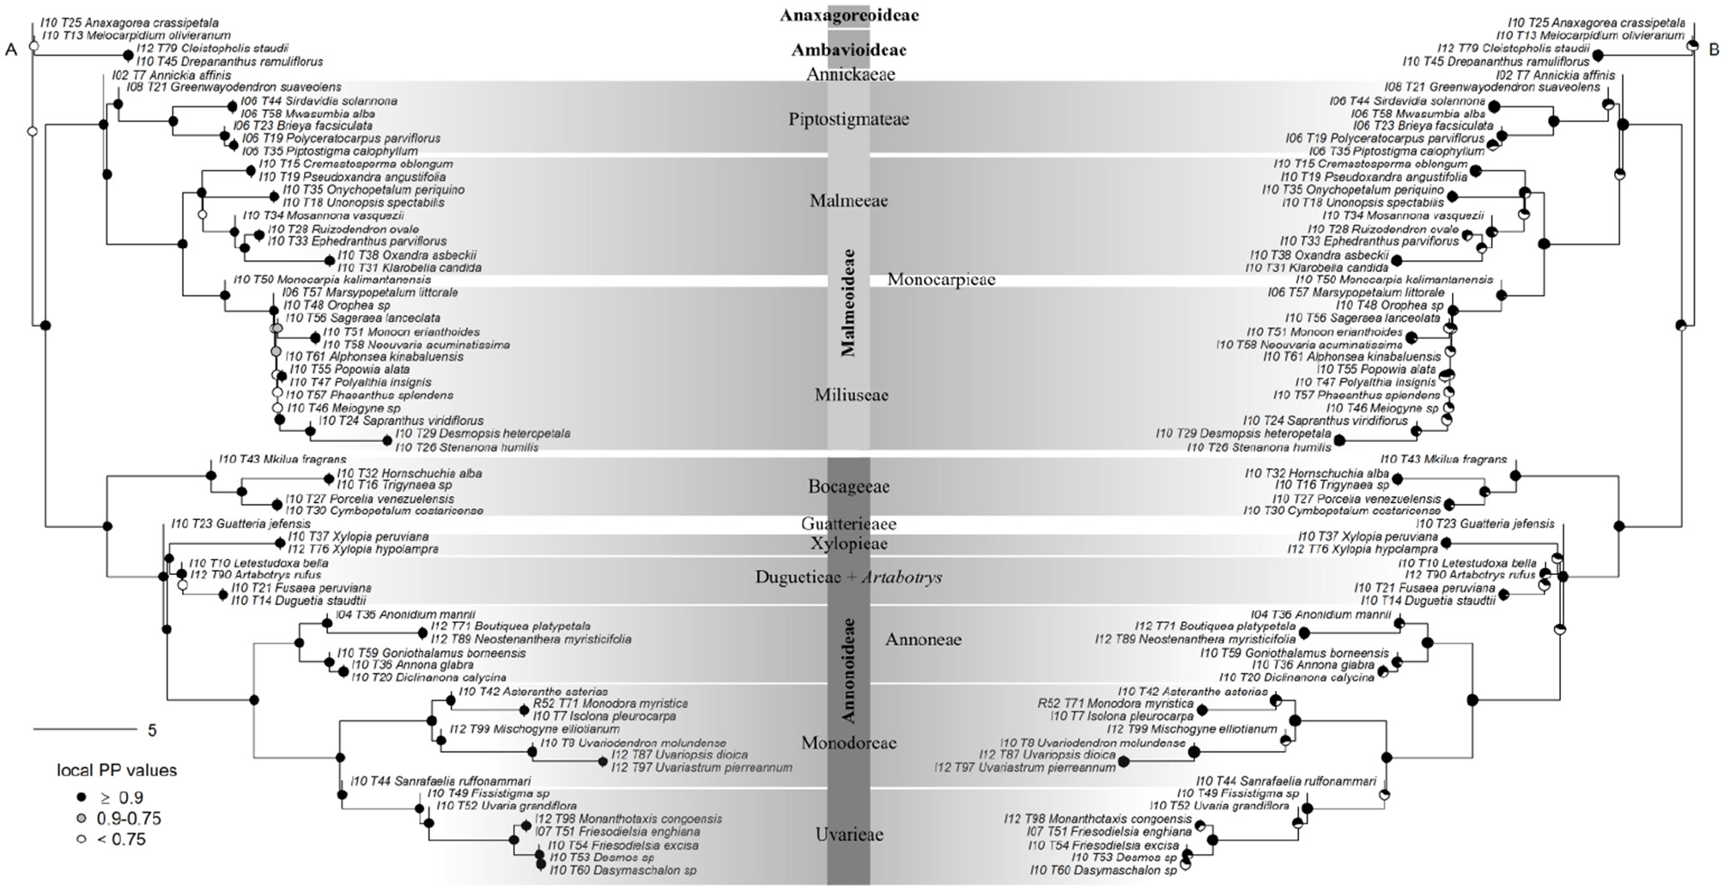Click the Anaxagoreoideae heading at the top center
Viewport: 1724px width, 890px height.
click(x=848, y=15)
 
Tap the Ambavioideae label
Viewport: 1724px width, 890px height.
click(x=848, y=51)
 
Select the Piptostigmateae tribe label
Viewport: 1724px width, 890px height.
click(x=848, y=119)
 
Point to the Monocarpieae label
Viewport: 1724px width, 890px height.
click(x=941, y=280)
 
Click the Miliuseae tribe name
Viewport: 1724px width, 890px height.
click(x=851, y=396)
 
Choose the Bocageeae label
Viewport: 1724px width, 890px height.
click(x=848, y=487)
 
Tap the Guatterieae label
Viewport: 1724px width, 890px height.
click(x=848, y=524)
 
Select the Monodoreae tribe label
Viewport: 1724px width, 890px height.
click(x=848, y=743)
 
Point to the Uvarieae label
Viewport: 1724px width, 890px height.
click(x=848, y=835)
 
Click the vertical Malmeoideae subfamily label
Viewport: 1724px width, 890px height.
click(x=848, y=302)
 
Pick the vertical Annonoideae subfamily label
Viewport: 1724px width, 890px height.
click(x=848, y=670)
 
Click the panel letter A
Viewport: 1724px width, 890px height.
click(x=11, y=50)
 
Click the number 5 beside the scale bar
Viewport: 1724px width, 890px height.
click(x=152, y=731)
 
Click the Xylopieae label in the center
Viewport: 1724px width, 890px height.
click(x=848, y=544)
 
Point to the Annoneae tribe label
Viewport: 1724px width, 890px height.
click(x=923, y=639)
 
